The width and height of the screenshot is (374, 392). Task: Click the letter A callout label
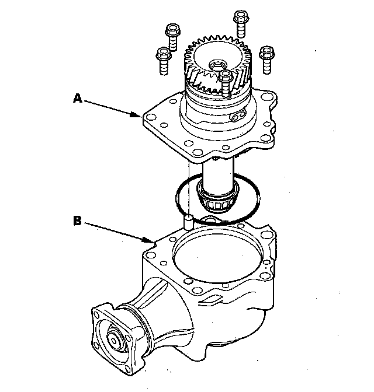pyautogui.click(x=77, y=99)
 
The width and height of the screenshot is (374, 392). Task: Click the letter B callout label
pyautogui.click(x=77, y=220)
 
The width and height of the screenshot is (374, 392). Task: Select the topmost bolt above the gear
pyautogui.click(x=240, y=23)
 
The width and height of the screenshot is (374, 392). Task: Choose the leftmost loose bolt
pyautogui.click(x=163, y=61)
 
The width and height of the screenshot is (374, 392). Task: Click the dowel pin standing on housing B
pyautogui.click(x=188, y=222)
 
